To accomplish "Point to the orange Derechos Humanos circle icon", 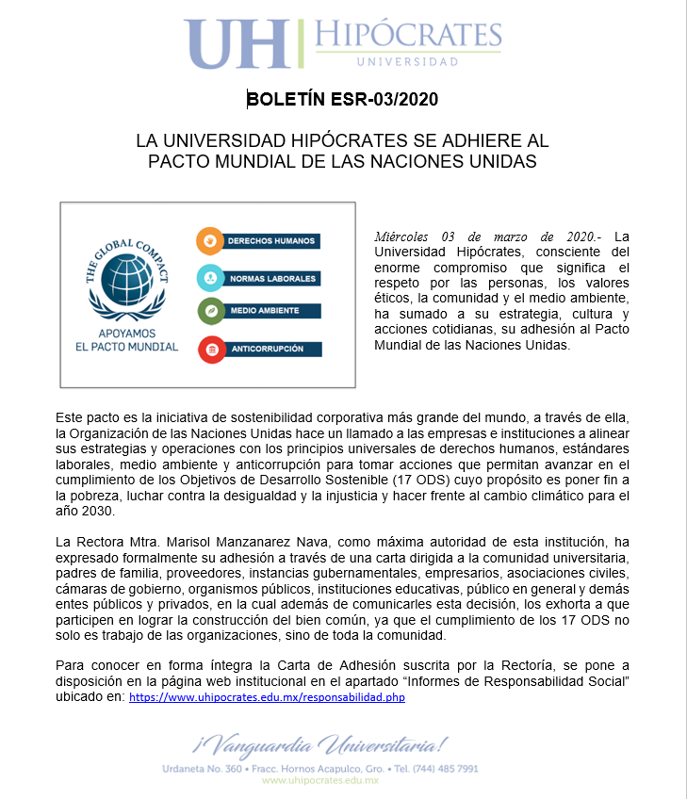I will point(209,240).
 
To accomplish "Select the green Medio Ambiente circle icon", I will point(209,310).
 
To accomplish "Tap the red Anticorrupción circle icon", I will point(211,349).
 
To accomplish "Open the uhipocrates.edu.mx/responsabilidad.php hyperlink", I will point(267,698).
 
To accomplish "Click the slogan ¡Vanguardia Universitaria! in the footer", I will point(320,746).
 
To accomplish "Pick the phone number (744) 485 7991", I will point(448,769).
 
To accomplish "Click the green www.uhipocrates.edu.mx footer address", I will point(319,781).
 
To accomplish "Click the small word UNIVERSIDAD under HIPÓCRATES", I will point(407,62).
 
